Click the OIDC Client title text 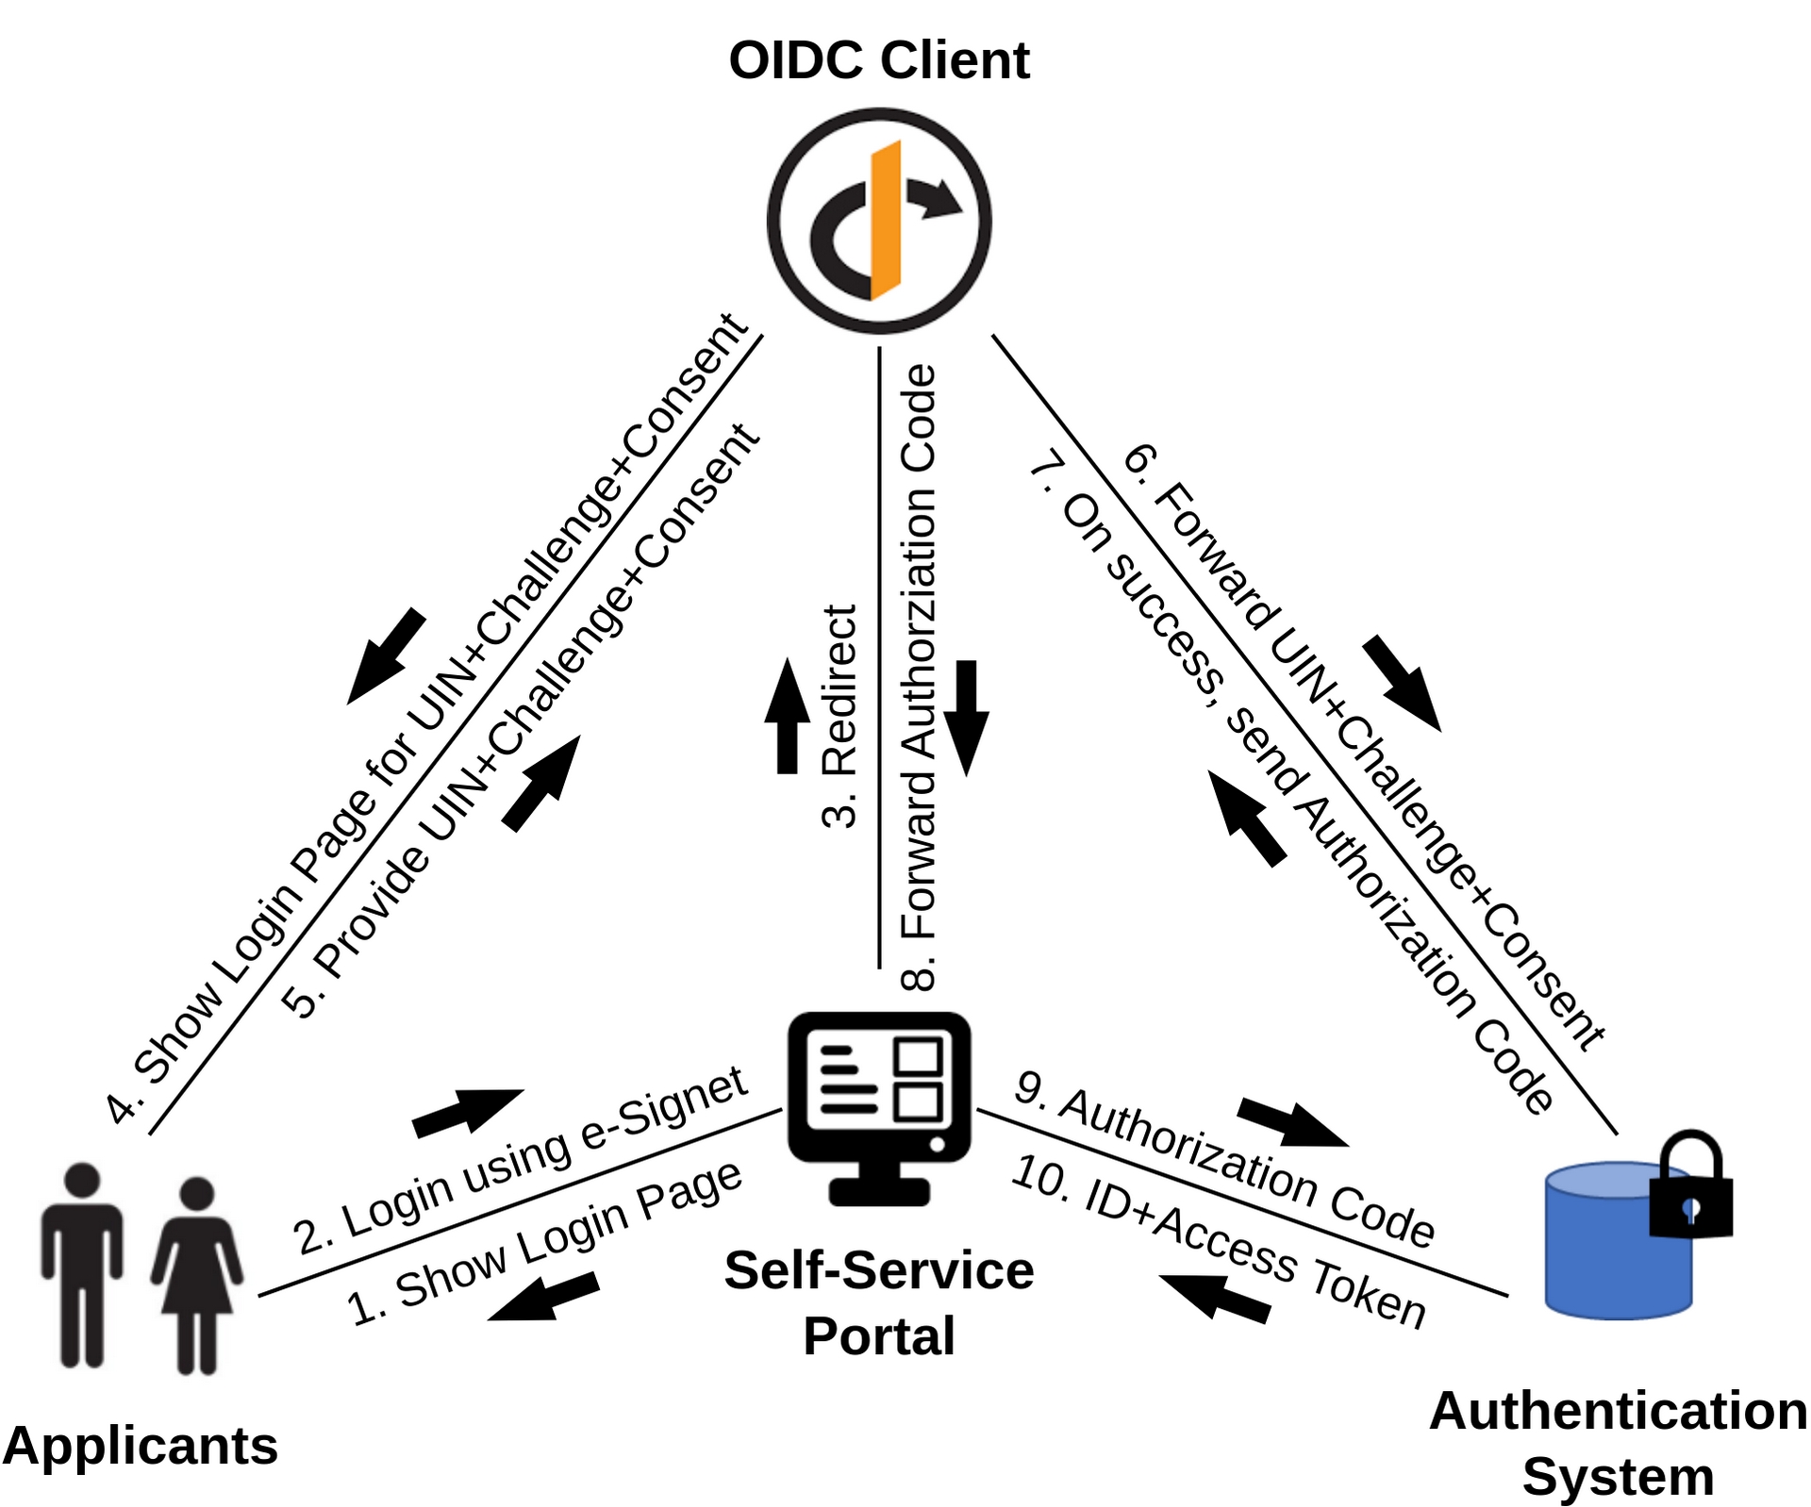(x=878, y=60)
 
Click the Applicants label (x=141, y=1445)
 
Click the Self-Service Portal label (x=879, y=1302)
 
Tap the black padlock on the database (x=1690, y=1188)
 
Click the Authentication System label (x=1618, y=1443)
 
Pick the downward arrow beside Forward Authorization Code (x=967, y=717)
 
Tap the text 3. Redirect (x=839, y=717)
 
